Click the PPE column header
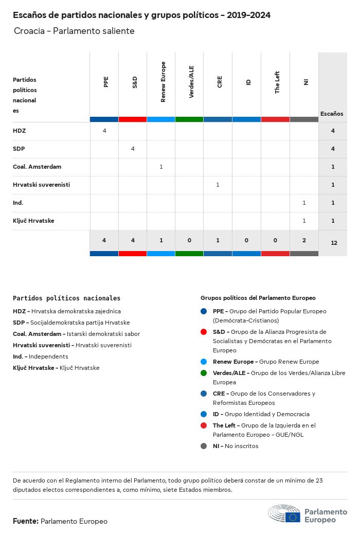coord(106,82)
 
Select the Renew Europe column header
coord(163,82)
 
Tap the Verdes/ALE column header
coord(191,82)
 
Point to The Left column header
coord(277,82)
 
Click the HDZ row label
coord(19,131)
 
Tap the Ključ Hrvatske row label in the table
coord(33,221)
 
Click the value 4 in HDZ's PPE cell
coord(104,131)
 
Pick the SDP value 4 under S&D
coord(133,149)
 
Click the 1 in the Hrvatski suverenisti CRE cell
coord(218,185)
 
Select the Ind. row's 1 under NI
coord(304,203)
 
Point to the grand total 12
coord(334,242)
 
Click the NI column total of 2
coord(304,240)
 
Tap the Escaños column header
coord(332,114)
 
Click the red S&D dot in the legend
coord(204,332)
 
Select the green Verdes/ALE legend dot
coord(204,373)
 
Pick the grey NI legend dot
coord(204,446)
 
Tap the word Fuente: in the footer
coord(26,521)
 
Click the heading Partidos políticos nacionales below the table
coord(66,298)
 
